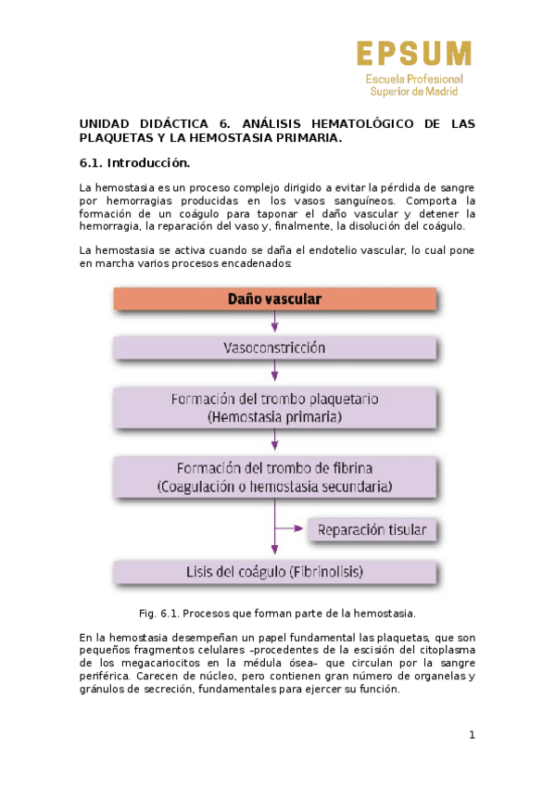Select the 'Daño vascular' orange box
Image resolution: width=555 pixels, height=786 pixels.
pos(274,299)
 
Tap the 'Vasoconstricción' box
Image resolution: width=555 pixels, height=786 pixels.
pos(274,349)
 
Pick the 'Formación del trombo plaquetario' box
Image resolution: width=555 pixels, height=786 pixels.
pos(274,408)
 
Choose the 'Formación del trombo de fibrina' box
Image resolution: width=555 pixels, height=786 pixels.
pos(274,476)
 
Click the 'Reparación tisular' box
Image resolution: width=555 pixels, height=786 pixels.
pos(372,530)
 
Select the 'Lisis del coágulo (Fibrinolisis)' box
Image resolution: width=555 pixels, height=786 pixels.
pos(274,572)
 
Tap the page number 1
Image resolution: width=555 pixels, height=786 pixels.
pos(472,735)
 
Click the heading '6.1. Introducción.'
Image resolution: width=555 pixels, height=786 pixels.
pos(134,163)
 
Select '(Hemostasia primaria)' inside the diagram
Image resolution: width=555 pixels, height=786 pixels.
pos(274,418)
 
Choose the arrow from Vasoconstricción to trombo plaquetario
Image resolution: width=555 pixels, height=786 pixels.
pos(274,371)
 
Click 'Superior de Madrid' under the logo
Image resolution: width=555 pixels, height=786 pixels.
pos(414,91)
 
